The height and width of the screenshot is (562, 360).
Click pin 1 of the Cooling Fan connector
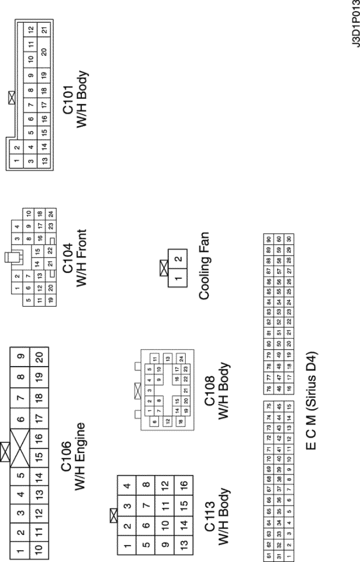pos(178,276)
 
